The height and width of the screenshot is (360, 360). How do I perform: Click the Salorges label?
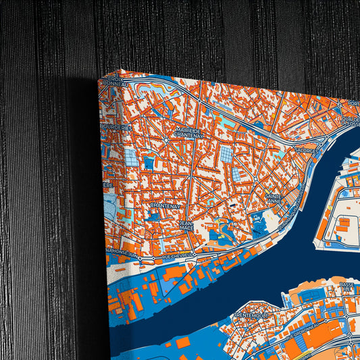coord(305,151)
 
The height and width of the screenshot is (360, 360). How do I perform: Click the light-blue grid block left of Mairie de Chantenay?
coord(130,157)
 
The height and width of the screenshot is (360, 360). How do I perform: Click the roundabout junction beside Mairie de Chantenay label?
coord(166,140)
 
